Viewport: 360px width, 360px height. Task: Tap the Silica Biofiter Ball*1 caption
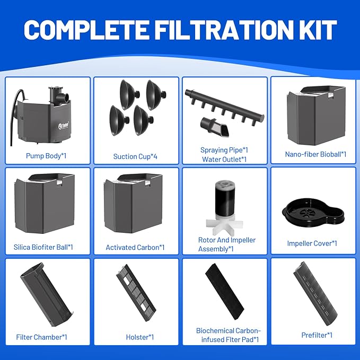pyautogui.click(x=43, y=247)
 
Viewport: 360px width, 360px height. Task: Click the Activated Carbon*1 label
pyautogui.click(x=135, y=247)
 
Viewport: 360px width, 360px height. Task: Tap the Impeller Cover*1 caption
pyautogui.click(x=312, y=243)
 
